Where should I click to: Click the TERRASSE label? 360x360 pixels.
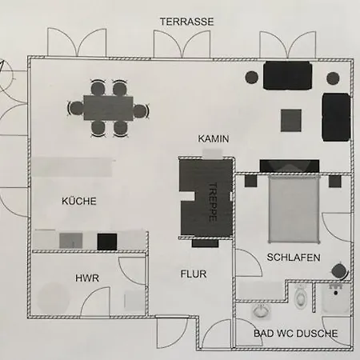(x=186, y=22)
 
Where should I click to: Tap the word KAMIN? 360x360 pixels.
(x=214, y=139)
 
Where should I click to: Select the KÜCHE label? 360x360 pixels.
(x=79, y=201)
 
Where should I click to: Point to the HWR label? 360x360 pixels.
(x=87, y=278)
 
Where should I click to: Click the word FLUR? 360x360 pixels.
(x=194, y=274)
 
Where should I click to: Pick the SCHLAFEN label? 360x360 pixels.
(x=294, y=258)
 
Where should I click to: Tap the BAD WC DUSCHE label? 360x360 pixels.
(x=296, y=334)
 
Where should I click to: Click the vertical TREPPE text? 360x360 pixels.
(x=213, y=202)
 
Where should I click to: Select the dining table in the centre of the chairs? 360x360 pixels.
(x=108, y=108)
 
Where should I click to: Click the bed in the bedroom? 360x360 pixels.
(x=294, y=209)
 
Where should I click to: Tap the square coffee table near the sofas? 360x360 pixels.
(x=291, y=120)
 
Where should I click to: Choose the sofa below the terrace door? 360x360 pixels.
(x=288, y=76)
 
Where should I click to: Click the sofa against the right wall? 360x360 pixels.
(x=336, y=117)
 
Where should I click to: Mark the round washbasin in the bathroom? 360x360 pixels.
(x=262, y=311)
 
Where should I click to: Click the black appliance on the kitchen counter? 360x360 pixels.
(x=107, y=242)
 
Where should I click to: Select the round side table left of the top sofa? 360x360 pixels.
(x=252, y=78)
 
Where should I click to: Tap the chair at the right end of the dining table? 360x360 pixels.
(x=140, y=110)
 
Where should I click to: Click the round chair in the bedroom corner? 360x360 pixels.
(x=339, y=271)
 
